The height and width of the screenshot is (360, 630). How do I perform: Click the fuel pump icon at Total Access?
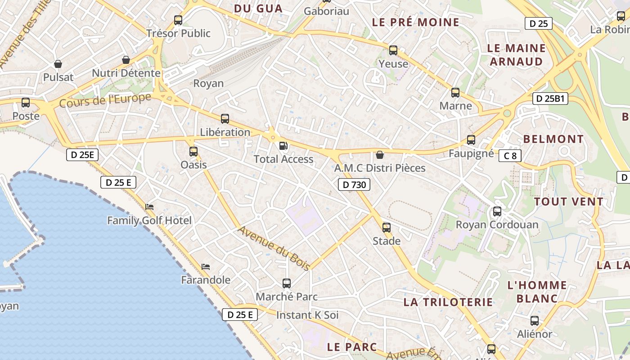[283, 145]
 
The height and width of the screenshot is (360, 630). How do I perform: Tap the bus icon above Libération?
[225, 119]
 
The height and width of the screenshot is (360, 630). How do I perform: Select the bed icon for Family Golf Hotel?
[149, 207]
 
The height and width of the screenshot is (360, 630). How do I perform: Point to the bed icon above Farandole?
[206, 266]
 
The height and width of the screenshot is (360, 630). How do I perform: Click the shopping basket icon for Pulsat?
[58, 64]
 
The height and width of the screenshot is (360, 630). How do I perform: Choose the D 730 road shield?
[354, 184]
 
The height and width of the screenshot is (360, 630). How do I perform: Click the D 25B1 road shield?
[550, 99]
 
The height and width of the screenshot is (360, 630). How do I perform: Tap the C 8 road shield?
[510, 156]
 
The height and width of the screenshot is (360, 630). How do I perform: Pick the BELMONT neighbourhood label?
[553, 139]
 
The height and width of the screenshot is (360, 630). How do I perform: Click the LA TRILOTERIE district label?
[448, 302]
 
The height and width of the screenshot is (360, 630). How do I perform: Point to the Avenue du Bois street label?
[274, 248]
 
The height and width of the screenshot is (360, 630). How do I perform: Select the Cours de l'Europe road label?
[105, 100]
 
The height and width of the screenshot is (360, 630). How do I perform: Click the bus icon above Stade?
[387, 228]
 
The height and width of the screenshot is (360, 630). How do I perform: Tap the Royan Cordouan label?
[497, 225]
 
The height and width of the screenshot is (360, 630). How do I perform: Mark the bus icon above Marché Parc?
[287, 283]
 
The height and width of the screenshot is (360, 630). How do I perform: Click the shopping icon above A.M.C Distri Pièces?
[380, 155]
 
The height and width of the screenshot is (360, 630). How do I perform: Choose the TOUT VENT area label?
[568, 202]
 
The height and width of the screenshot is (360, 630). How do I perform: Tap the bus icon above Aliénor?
[535, 321]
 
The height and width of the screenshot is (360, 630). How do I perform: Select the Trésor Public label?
[178, 33]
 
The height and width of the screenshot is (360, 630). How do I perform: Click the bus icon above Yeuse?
[393, 50]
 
